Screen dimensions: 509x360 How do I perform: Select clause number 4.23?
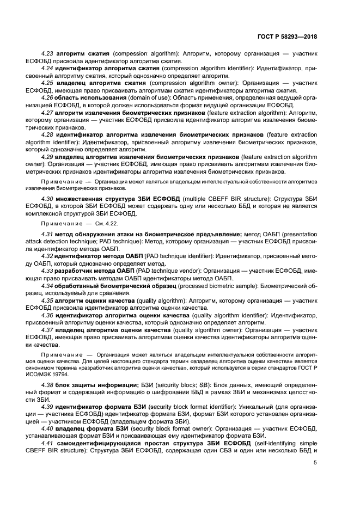(48, 54)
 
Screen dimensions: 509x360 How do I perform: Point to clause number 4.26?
(48, 97)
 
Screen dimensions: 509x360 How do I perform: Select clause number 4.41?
(48, 443)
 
